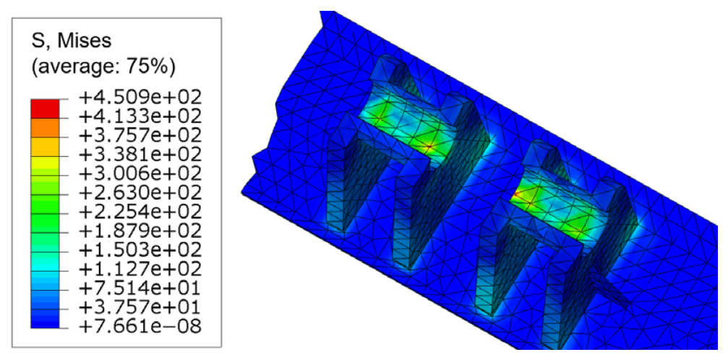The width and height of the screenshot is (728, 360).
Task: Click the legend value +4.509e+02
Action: pyautogui.click(x=141, y=98)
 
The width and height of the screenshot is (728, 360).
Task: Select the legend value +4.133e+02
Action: pyautogui.click(x=141, y=116)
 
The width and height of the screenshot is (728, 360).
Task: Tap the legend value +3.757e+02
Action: pyautogui.click(x=141, y=136)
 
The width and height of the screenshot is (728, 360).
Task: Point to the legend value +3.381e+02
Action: pyautogui.click(x=141, y=155)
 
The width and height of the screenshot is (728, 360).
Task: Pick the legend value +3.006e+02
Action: pyautogui.click(x=141, y=173)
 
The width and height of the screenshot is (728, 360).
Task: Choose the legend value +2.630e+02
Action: pyautogui.click(x=141, y=193)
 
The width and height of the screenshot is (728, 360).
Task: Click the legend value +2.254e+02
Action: pyautogui.click(x=141, y=212)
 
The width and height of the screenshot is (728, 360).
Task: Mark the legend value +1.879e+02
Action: pyautogui.click(x=141, y=231)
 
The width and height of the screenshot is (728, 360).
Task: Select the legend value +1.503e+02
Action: pyautogui.click(x=141, y=250)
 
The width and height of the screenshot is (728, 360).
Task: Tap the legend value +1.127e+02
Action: pyautogui.click(x=141, y=269)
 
